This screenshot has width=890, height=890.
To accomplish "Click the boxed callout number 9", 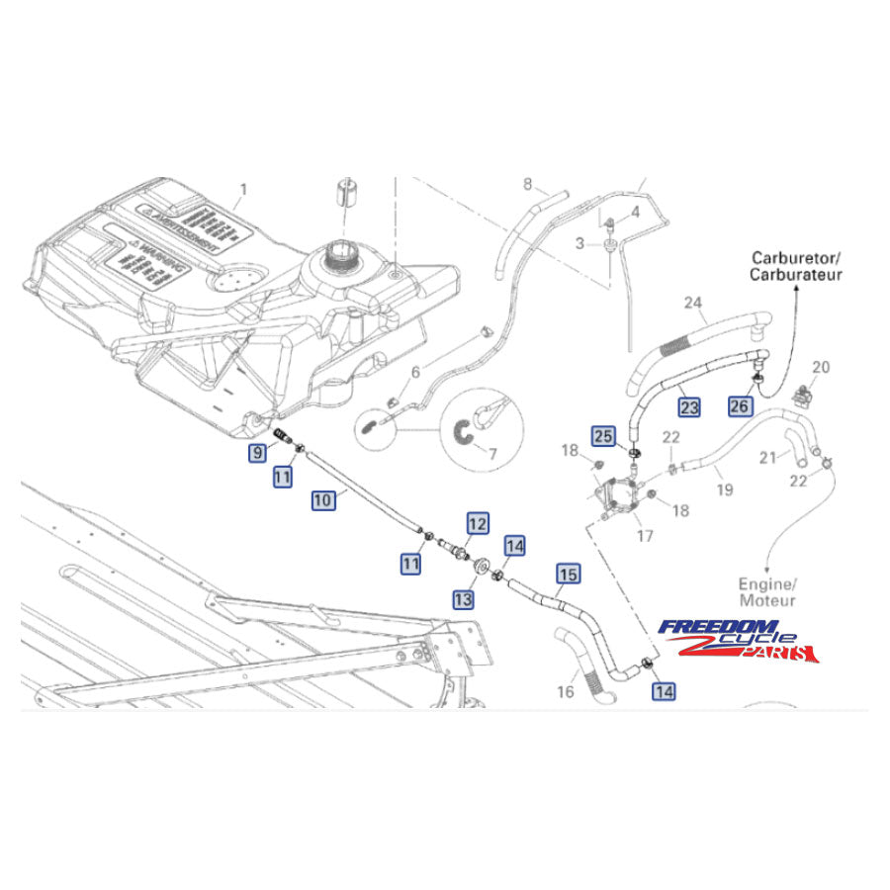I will click(x=257, y=454).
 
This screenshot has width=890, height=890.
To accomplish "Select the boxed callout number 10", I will click(x=323, y=500).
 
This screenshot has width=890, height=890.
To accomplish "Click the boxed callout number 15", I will click(x=568, y=573).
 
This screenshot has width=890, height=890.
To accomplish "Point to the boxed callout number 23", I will click(x=689, y=405).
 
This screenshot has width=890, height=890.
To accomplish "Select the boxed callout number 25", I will click(x=604, y=434).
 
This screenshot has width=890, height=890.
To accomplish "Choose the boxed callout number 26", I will click(x=740, y=405).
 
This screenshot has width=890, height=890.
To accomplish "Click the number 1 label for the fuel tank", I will click(x=244, y=188).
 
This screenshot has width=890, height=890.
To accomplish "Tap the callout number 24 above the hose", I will click(x=720, y=303).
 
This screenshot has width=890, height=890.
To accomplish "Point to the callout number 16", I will click(x=565, y=692).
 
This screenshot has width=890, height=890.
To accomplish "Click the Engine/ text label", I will click(x=765, y=583).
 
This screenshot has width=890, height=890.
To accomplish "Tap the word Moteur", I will click(x=767, y=600).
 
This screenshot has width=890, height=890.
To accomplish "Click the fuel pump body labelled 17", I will click(x=620, y=494).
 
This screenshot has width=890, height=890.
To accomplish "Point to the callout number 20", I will click(x=821, y=367).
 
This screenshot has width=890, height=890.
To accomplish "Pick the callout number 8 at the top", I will click(x=528, y=184).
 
